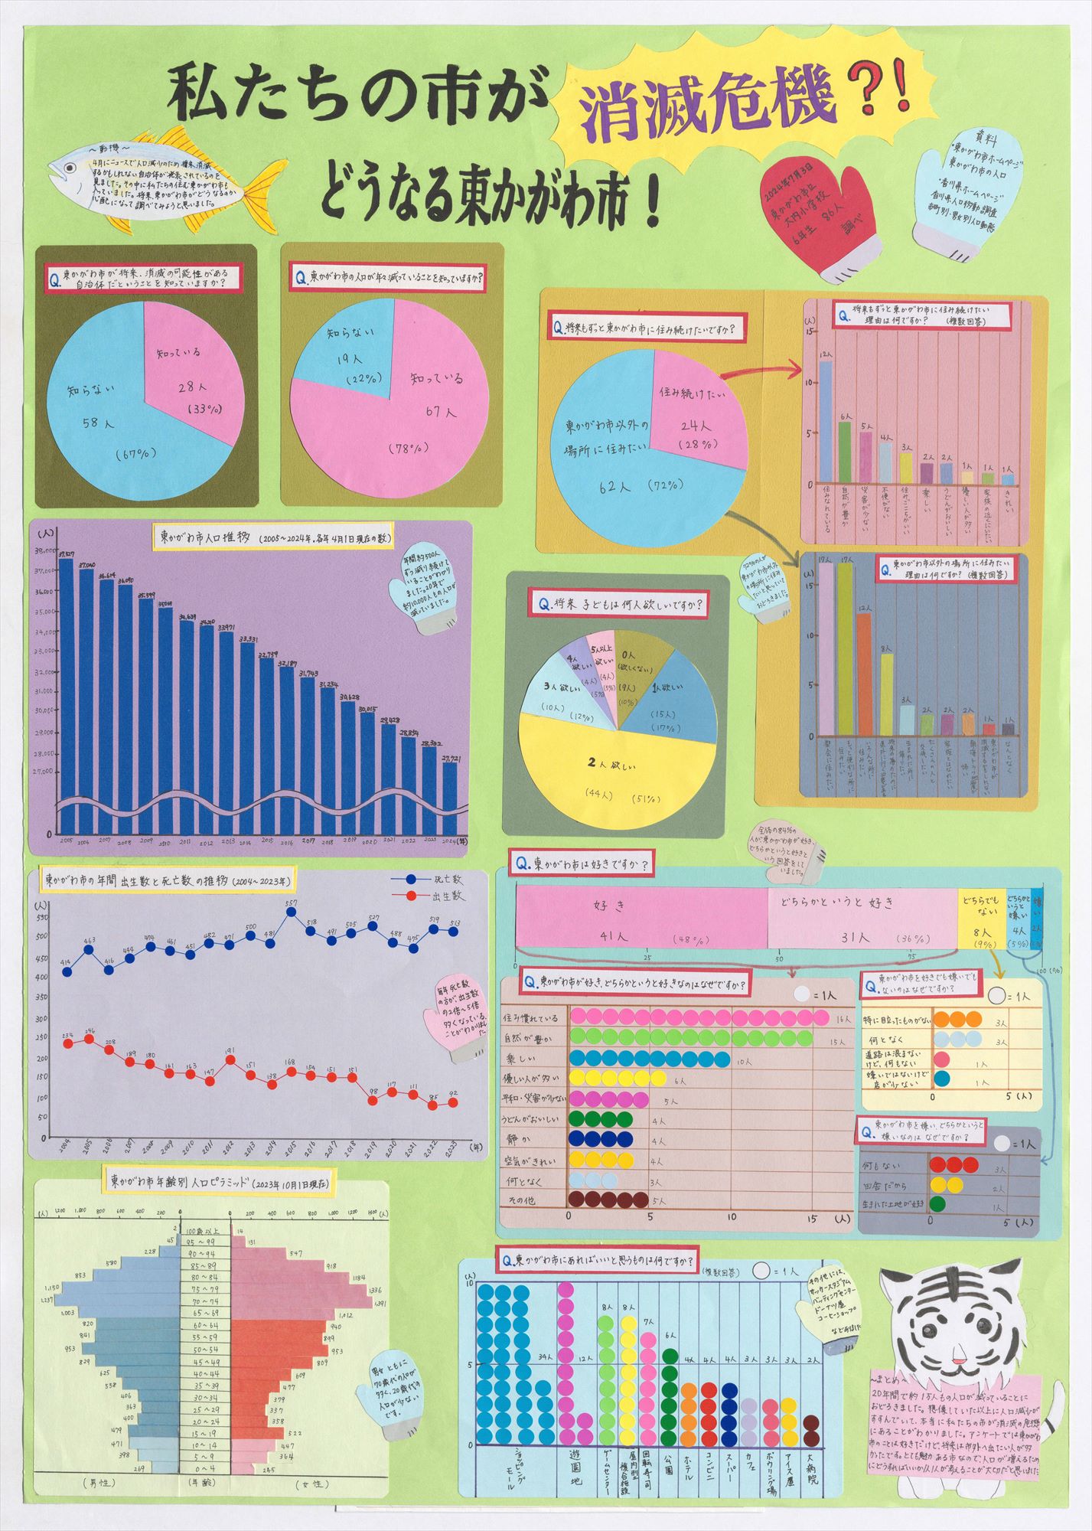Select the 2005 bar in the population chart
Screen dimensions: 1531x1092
66,689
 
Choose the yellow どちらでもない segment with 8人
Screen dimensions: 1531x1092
980,918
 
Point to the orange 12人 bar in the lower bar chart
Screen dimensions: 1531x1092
864,674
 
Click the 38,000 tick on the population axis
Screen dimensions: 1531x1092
43,550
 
